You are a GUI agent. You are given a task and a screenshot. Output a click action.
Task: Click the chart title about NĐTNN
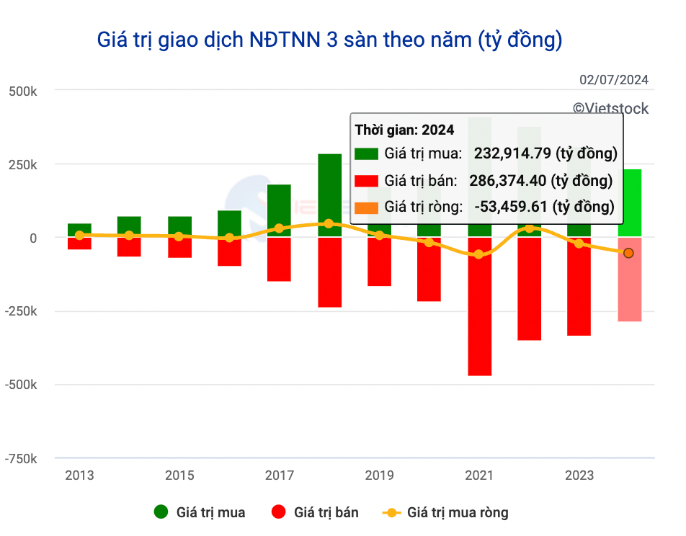[329, 40]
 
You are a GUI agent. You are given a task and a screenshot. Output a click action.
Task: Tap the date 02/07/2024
[613, 80]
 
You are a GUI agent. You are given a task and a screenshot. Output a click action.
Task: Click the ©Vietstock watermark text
[610, 109]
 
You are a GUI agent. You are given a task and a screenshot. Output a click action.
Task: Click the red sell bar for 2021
[479, 306]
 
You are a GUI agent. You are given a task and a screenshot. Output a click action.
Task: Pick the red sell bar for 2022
[530, 288]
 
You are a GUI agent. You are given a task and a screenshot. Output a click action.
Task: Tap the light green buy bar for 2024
[629, 202]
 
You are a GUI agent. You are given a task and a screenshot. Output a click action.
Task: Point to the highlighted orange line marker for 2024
[628, 253]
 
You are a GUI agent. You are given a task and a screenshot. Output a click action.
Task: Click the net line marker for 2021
[479, 254]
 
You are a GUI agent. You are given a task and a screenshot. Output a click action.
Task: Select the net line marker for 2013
[79, 235]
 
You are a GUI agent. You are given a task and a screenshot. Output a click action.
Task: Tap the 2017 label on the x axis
[279, 475]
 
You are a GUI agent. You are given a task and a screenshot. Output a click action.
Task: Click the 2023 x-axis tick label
[579, 475]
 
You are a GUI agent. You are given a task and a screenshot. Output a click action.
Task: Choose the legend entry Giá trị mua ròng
[457, 513]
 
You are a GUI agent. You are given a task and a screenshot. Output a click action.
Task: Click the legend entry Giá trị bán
[326, 513]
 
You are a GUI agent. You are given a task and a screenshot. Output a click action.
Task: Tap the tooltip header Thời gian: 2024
[404, 130]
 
